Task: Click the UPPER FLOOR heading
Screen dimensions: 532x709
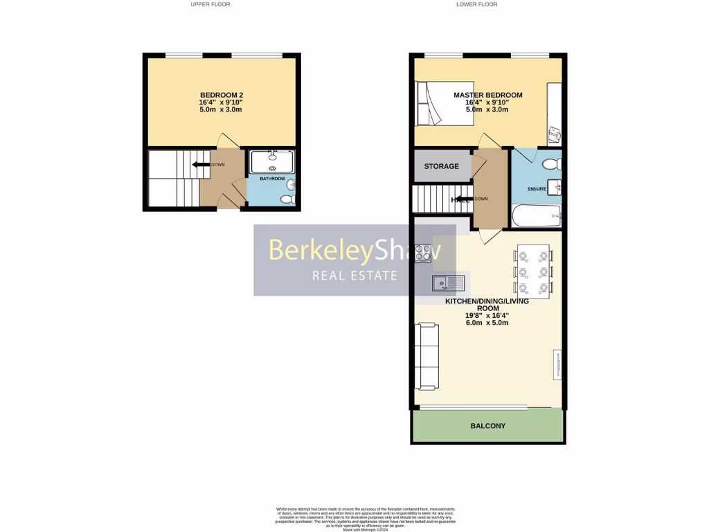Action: pyautogui.click(x=210, y=4)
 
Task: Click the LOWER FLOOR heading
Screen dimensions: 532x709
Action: pyautogui.click(x=476, y=4)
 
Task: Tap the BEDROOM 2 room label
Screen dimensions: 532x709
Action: pyautogui.click(x=221, y=95)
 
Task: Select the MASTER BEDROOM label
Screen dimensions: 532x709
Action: pyautogui.click(x=487, y=95)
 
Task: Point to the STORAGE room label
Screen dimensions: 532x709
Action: pyautogui.click(x=441, y=166)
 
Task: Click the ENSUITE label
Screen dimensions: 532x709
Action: pyautogui.click(x=537, y=188)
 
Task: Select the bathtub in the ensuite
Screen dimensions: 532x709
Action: pyautogui.click(x=537, y=215)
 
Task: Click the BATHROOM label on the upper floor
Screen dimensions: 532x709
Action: pyautogui.click(x=272, y=179)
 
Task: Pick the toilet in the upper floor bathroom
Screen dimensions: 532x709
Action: pyautogui.click(x=287, y=199)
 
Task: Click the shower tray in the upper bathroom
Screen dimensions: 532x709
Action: pyautogui.click(x=271, y=161)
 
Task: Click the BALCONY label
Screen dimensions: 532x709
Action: pyautogui.click(x=487, y=426)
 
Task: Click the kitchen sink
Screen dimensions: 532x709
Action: pyautogui.click(x=447, y=283)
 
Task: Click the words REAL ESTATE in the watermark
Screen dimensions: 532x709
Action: pyautogui.click(x=355, y=276)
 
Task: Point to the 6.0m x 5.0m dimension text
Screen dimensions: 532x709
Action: pyautogui.click(x=487, y=323)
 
